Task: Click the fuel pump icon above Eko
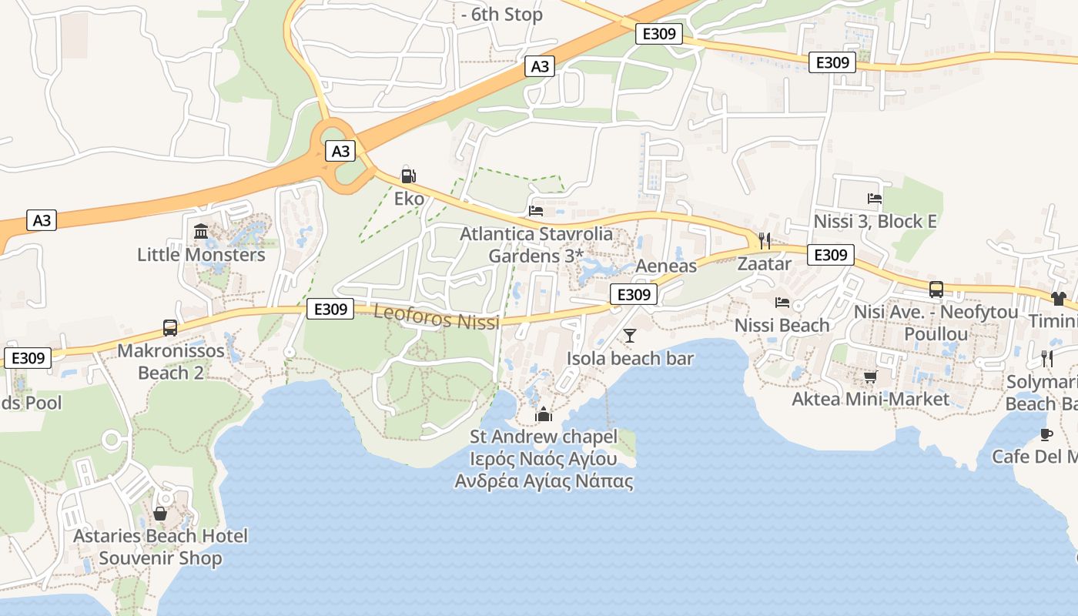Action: (409, 176)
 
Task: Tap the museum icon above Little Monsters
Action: (201, 231)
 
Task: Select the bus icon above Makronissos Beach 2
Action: (170, 328)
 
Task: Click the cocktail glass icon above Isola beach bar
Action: (630, 335)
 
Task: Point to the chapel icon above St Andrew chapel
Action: (544, 414)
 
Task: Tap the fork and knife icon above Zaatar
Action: (764, 241)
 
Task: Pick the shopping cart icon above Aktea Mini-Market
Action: (870, 377)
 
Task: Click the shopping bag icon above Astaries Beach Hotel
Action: (160, 513)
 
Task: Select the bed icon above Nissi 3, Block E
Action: (874, 199)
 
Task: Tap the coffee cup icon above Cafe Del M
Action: (1046, 434)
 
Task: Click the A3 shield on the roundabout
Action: (340, 151)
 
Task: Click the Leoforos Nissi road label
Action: (436, 316)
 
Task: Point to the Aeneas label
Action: (666, 266)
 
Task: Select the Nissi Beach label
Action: (782, 325)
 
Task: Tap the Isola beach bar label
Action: (630, 358)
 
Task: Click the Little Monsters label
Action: (201, 254)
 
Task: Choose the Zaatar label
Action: (764, 264)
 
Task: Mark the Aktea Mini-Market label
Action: (870, 400)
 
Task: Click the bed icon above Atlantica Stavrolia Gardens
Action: (536, 210)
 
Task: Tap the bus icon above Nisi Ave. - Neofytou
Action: (936, 290)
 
